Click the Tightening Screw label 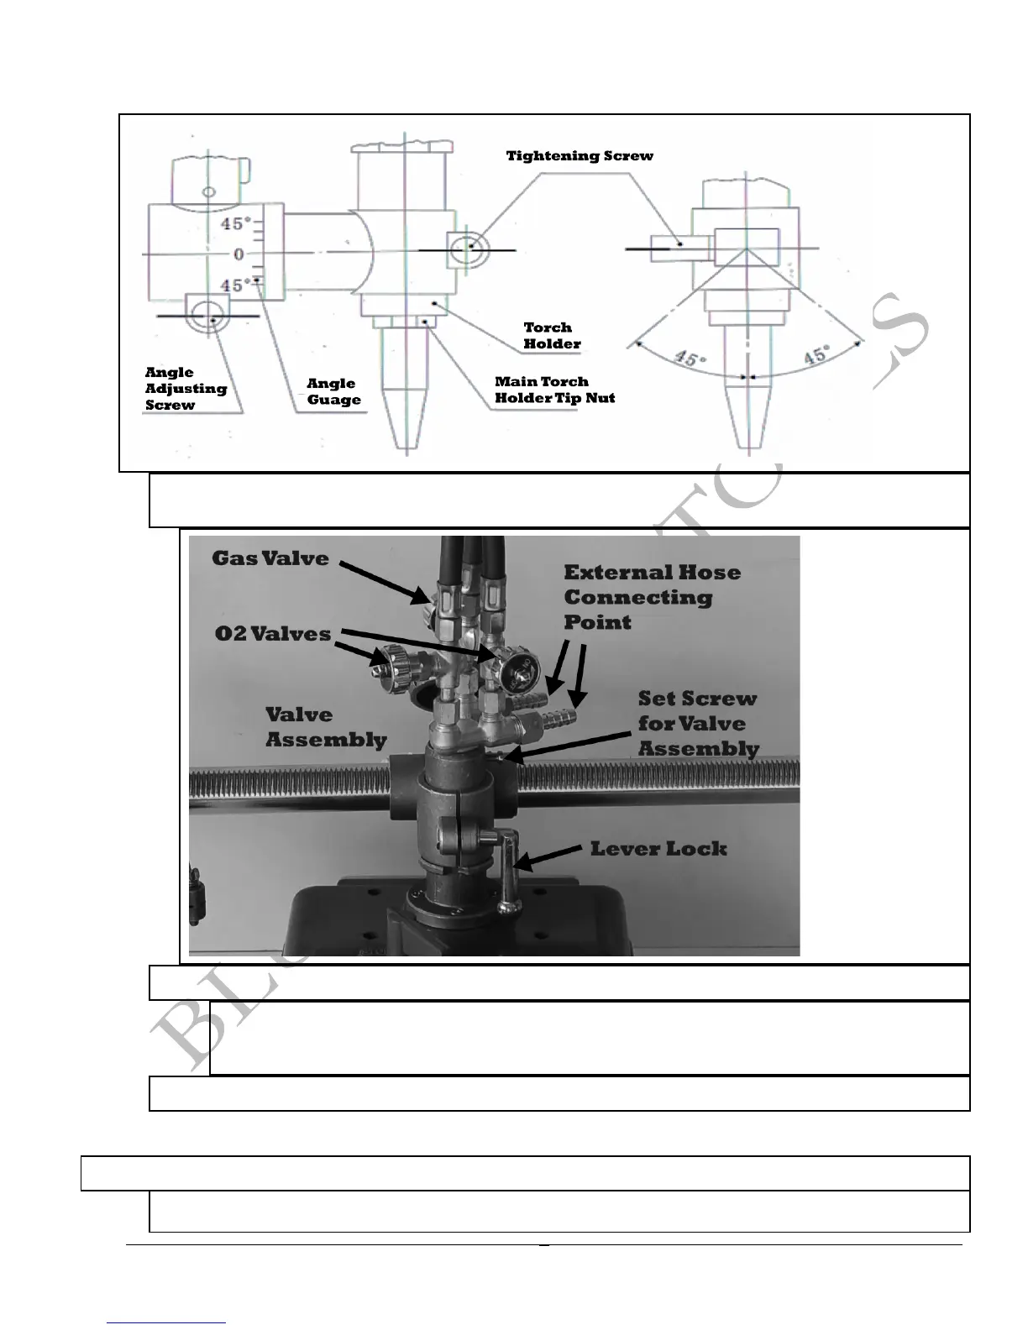579,156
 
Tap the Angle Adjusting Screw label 186,388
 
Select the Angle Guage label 333,391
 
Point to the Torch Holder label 551,335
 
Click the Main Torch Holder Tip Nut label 554,390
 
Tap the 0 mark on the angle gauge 239,254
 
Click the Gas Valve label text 270,558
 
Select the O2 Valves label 272,634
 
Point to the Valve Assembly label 325,727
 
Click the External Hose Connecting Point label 651,597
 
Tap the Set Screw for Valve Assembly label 697,723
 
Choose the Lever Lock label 658,849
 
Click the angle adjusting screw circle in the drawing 204,317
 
